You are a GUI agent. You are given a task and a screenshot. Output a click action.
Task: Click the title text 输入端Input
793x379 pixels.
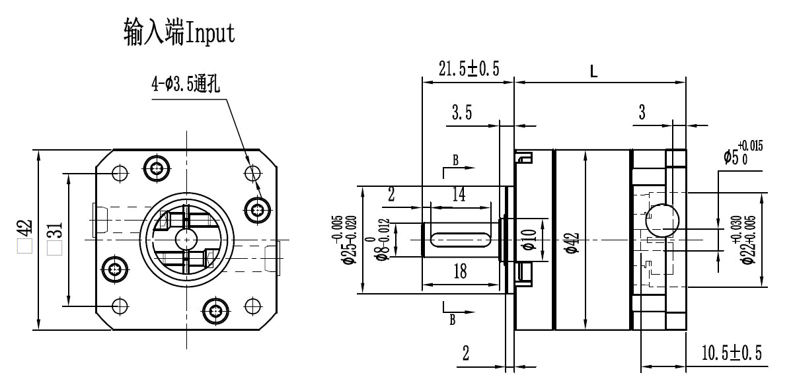click(179, 31)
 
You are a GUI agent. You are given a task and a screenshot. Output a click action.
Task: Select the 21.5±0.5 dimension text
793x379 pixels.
click(469, 69)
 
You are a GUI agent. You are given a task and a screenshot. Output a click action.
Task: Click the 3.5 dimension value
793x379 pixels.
click(461, 113)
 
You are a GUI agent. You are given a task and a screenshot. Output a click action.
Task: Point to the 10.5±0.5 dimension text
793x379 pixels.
click(732, 354)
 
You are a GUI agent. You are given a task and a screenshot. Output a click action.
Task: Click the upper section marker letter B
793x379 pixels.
click(455, 160)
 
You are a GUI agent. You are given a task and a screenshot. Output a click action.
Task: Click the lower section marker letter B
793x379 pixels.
click(453, 320)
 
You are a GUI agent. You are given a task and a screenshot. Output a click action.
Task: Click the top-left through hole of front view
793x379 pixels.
click(120, 173)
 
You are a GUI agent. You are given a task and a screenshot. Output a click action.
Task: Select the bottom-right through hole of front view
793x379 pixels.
click(252, 306)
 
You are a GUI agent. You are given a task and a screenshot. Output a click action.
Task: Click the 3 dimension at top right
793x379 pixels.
click(642, 113)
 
